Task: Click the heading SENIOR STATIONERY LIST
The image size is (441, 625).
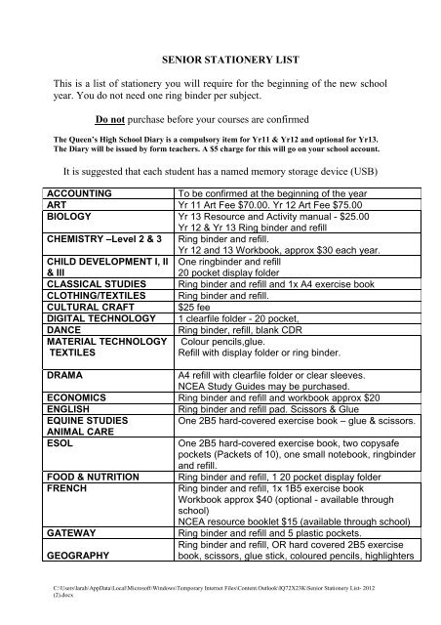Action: pos(220,60)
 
